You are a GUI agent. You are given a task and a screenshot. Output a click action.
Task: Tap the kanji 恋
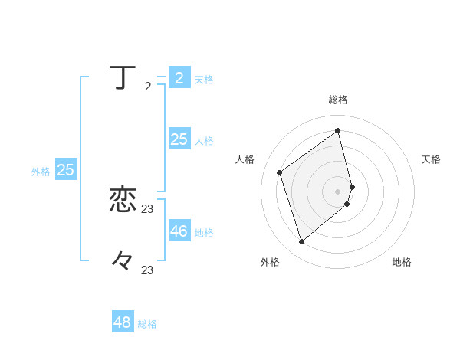click(x=123, y=201)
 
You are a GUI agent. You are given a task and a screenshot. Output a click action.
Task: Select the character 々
click(x=123, y=261)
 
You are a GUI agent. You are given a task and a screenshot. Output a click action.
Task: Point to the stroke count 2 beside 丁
click(x=148, y=87)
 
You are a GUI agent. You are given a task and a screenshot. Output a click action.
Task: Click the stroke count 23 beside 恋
click(x=148, y=209)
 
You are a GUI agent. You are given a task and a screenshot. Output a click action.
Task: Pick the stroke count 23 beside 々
click(x=148, y=270)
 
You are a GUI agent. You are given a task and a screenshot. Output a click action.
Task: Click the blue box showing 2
click(x=179, y=78)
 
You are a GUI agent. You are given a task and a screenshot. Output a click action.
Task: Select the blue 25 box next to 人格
click(x=179, y=139)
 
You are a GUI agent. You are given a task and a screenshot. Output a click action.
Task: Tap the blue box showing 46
click(x=179, y=231)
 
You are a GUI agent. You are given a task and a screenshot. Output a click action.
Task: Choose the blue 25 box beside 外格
click(x=66, y=170)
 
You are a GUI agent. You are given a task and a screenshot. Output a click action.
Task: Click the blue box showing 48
click(x=123, y=322)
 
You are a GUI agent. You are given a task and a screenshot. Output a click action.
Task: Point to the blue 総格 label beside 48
click(x=147, y=324)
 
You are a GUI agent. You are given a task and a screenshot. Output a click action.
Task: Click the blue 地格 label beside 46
click(x=204, y=233)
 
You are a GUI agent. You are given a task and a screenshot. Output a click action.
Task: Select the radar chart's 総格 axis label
click(x=338, y=100)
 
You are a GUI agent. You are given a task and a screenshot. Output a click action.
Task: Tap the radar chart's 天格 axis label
click(x=431, y=159)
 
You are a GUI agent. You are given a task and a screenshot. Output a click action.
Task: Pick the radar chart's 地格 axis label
click(x=402, y=262)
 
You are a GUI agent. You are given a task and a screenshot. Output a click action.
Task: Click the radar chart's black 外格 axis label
click(x=270, y=262)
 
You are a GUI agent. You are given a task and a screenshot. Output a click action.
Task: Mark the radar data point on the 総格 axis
click(x=338, y=130)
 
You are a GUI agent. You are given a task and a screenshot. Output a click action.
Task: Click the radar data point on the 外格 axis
click(x=302, y=242)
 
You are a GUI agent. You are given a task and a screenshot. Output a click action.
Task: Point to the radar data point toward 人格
click(x=280, y=172)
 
